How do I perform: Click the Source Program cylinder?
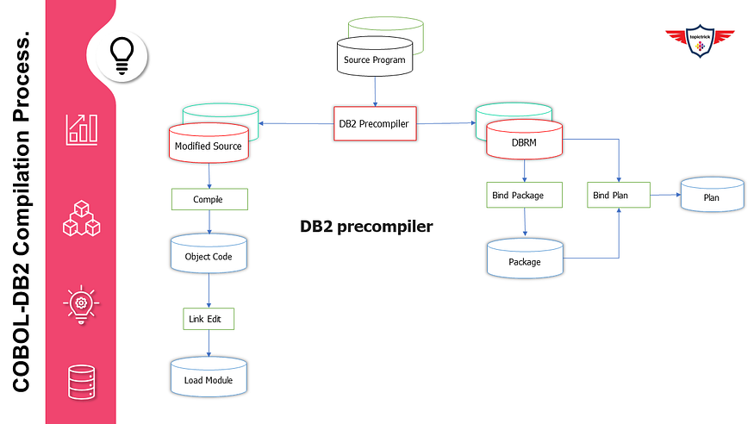374,58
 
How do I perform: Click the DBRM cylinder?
524,143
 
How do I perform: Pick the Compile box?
209,199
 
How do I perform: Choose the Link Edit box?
209,318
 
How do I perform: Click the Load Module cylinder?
209,378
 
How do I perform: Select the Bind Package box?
525,195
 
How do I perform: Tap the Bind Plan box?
618,195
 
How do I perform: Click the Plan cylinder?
712,196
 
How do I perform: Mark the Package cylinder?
525,259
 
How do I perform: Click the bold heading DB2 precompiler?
366,227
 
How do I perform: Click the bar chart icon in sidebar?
82,128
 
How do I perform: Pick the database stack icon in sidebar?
82,382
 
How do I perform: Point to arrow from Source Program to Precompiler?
374,90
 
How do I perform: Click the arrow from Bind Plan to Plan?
664,195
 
